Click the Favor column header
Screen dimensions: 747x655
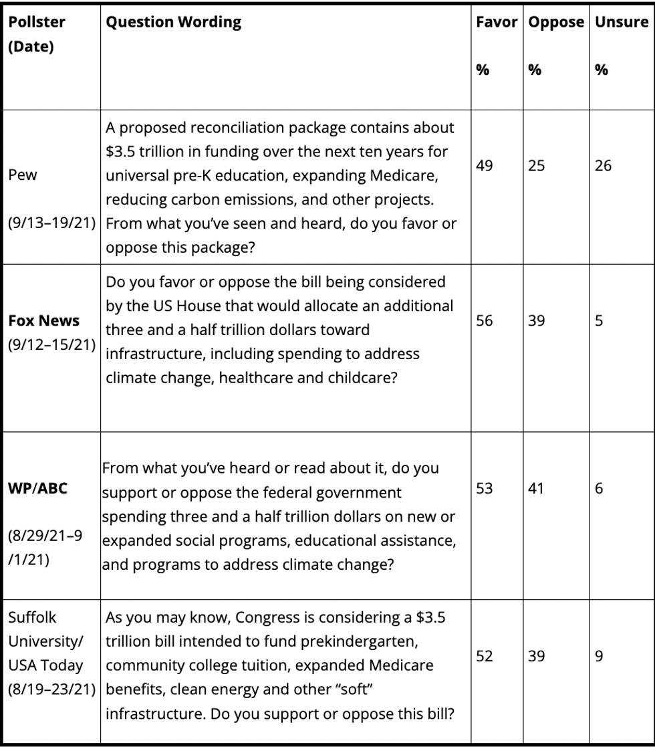pos(497,21)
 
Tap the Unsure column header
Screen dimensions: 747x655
pos(621,21)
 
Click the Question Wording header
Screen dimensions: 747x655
pos(174,21)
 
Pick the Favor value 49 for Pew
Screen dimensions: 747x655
pos(485,166)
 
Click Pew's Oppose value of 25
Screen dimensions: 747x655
pos(536,166)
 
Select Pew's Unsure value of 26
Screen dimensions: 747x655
pos(603,166)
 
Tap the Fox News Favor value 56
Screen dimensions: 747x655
pos(485,321)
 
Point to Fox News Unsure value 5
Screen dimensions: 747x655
pos(599,321)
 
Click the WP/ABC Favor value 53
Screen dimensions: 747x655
pos(485,489)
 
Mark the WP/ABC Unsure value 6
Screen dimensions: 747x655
pos(599,489)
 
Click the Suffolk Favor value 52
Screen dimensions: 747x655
pos(485,657)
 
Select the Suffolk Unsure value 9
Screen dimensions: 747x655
pos(599,657)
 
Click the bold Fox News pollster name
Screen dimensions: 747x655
pos(43,321)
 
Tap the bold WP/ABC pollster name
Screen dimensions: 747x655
pos(37,489)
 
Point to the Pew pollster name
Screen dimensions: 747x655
pos(23,175)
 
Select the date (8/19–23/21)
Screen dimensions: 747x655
pos(51,689)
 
